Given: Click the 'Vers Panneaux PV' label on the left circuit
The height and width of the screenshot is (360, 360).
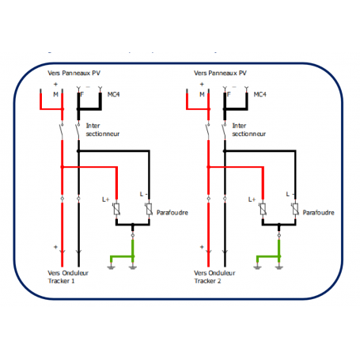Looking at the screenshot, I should [74, 73].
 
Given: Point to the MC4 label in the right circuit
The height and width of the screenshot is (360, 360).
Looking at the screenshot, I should [259, 94].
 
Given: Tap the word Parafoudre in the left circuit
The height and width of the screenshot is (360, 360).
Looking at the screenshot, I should [173, 212].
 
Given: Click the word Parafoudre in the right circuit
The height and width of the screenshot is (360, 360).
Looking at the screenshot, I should [320, 212].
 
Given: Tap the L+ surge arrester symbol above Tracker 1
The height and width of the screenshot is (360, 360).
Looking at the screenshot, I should [117, 210].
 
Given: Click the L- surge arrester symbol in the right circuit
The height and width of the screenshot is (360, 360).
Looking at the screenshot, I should [294, 210].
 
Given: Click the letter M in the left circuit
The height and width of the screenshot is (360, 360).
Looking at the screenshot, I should [55, 94].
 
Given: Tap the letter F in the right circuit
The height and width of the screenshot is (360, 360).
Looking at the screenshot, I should [227, 94].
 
